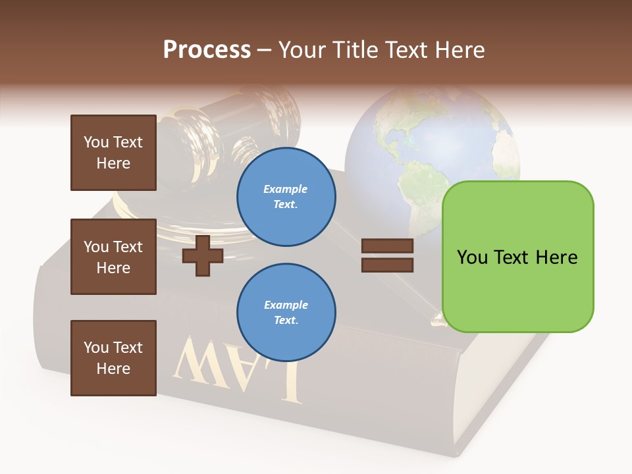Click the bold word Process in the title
click(207, 50)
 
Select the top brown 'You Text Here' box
click(113, 153)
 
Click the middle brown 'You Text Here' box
click(113, 257)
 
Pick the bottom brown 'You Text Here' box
click(113, 357)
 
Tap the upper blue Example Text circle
click(286, 197)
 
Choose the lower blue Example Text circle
click(286, 313)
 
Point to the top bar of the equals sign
click(387, 246)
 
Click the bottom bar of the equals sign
click(387, 265)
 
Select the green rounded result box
click(517, 257)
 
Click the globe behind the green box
click(421, 145)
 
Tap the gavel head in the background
click(217, 132)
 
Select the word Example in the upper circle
click(286, 190)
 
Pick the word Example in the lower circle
click(286, 305)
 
